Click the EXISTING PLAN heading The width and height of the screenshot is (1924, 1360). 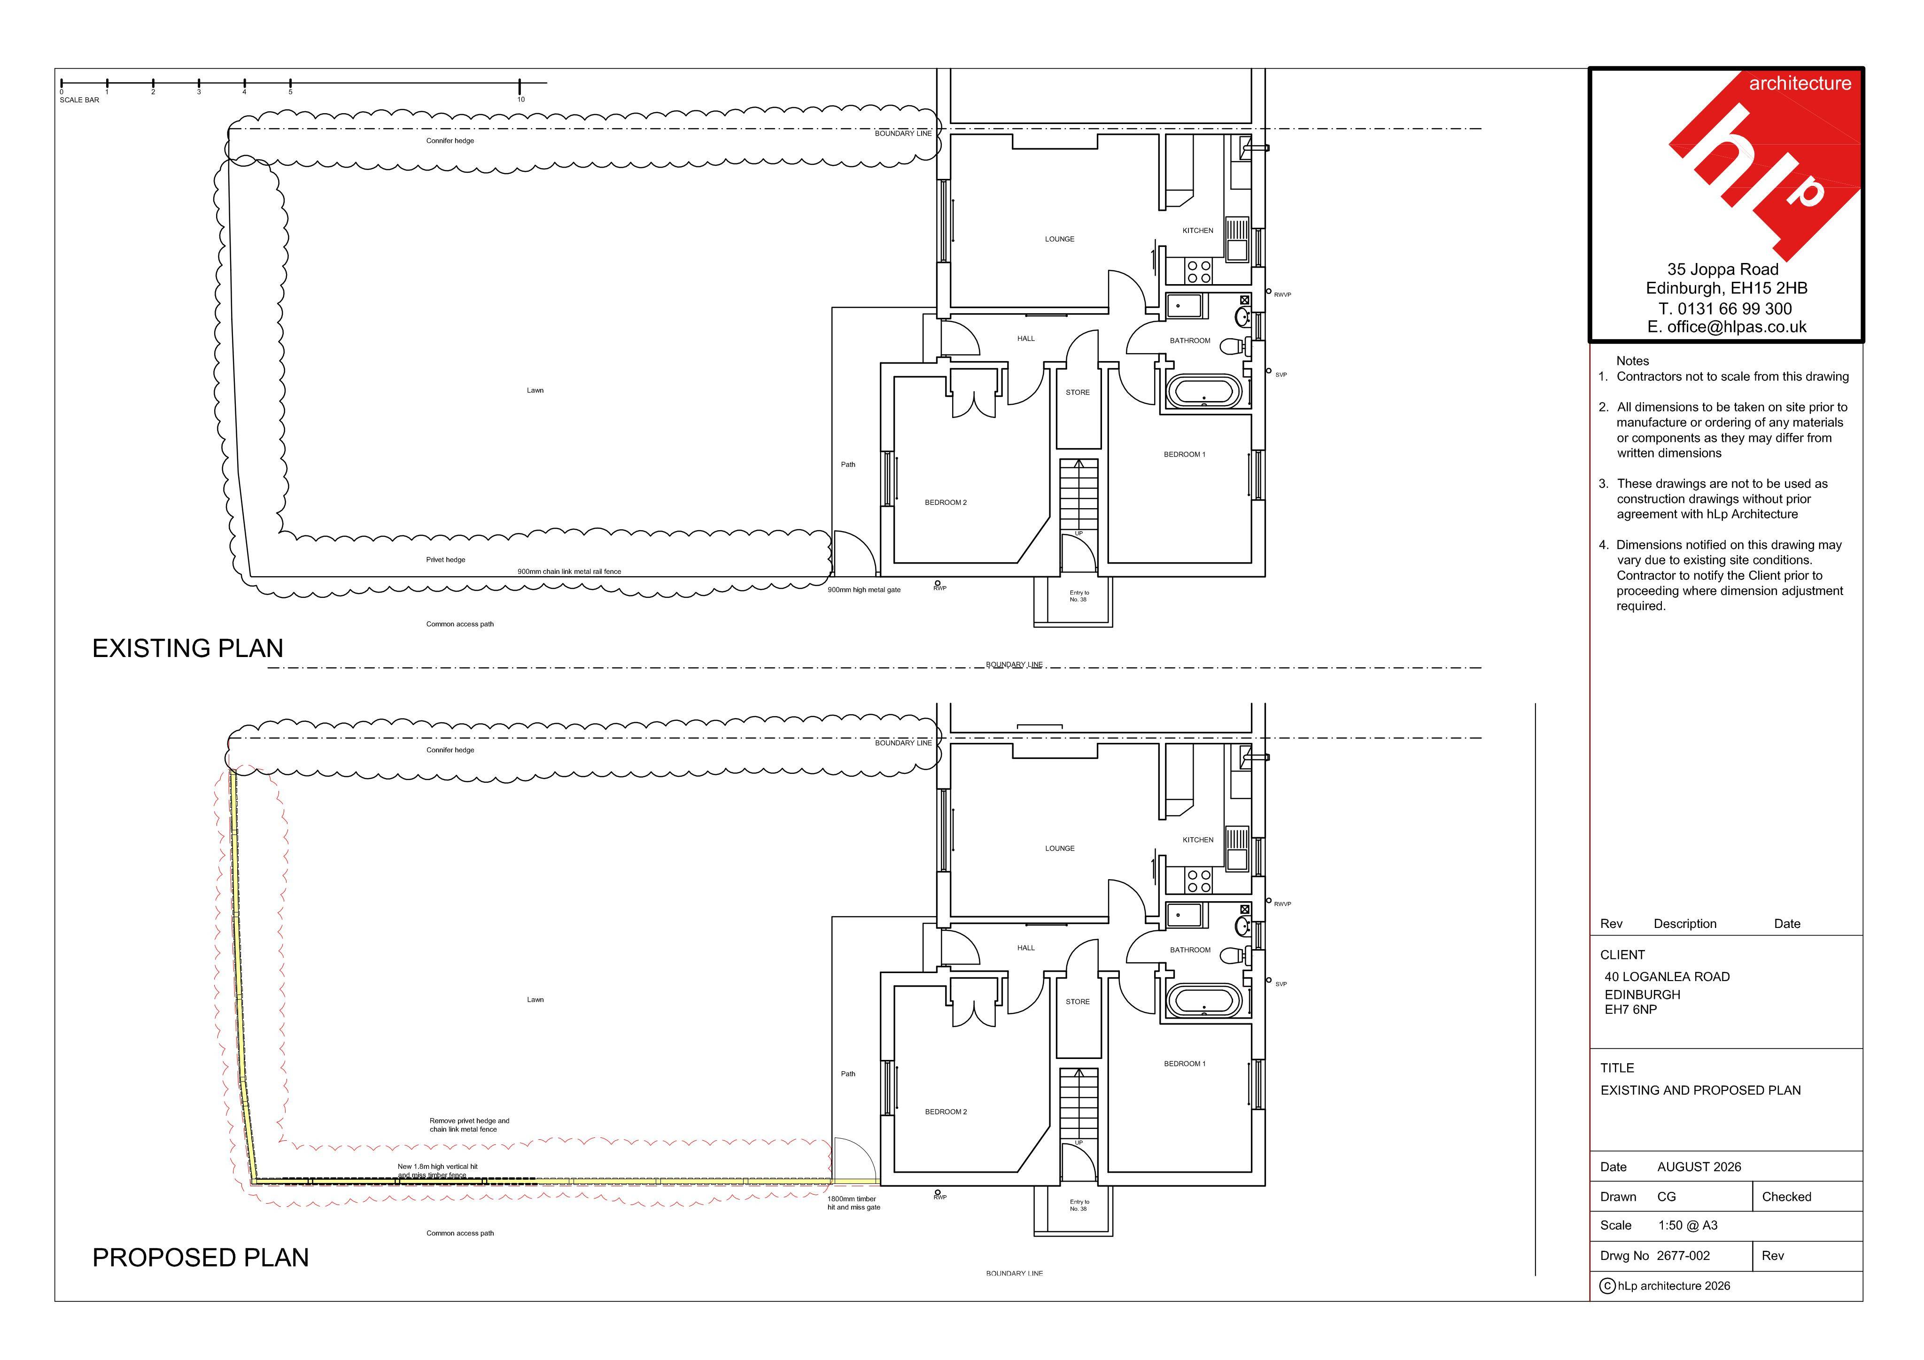tap(188, 649)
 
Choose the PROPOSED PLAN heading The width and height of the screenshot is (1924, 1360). tap(200, 1258)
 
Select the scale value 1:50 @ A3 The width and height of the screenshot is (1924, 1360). tap(1688, 1225)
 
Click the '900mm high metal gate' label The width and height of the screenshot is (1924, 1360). tap(864, 590)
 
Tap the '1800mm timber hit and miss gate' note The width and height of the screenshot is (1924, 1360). tap(854, 1203)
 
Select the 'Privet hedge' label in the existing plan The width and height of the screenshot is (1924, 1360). tap(445, 560)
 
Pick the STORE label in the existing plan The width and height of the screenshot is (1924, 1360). tap(1078, 392)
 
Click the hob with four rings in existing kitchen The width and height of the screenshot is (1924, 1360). tap(1199, 271)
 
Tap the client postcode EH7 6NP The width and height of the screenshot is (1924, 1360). tap(1631, 1010)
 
